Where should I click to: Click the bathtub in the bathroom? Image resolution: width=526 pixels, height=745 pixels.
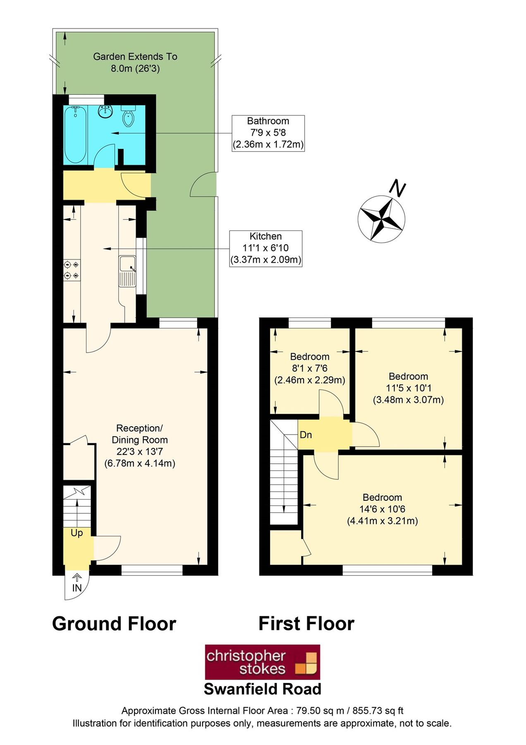click(75, 135)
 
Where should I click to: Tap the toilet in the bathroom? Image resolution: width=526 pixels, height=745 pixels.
click(129, 115)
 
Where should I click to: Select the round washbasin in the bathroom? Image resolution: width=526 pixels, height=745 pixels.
click(106, 111)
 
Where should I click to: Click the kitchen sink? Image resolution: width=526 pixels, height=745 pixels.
click(127, 271)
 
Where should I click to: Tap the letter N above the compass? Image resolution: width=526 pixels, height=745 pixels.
click(397, 188)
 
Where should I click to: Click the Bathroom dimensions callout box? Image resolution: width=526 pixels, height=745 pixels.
click(268, 133)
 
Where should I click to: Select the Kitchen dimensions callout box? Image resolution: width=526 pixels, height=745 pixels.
click(266, 248)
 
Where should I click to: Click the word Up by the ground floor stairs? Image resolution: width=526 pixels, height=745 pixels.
click(77, 533)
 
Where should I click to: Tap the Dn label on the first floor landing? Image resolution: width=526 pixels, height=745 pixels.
click(306, 435)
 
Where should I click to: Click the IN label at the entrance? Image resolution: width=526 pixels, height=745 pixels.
click(77, 588)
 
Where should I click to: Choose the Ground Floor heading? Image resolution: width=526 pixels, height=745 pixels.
click(114, 624)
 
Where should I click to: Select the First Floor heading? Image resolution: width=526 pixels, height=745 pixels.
click(306, 624)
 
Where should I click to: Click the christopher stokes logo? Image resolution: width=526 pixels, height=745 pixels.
click(263, 662)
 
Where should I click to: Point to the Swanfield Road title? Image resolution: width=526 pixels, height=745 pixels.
click(263, 689)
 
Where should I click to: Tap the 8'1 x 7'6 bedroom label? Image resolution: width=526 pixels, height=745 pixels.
click(310, 368)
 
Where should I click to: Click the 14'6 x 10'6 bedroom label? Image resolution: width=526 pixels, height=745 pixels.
click(383, 509)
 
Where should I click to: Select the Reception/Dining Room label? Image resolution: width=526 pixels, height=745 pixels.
click(140, 446)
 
